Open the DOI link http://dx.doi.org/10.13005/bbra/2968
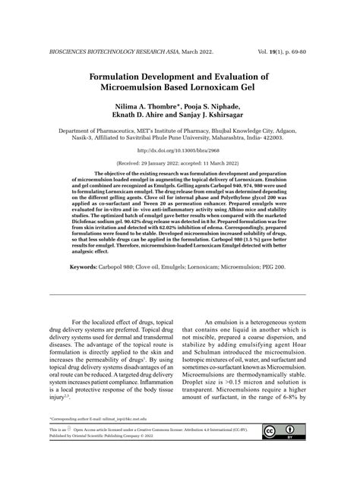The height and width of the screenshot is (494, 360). (x=179, y=151)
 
